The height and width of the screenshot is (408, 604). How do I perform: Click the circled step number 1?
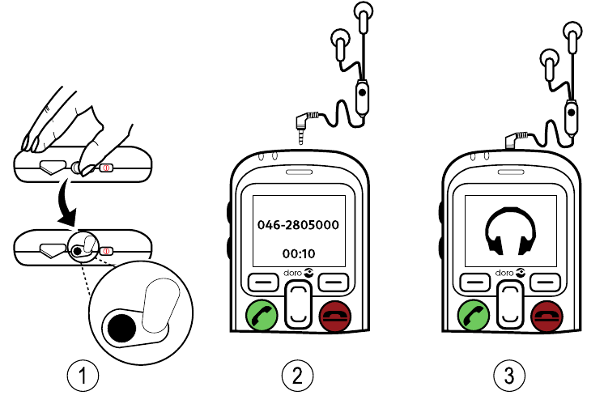(83, 375)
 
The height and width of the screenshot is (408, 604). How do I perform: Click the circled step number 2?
(297, 375)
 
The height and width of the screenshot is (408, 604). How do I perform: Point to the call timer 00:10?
(298, 252)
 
